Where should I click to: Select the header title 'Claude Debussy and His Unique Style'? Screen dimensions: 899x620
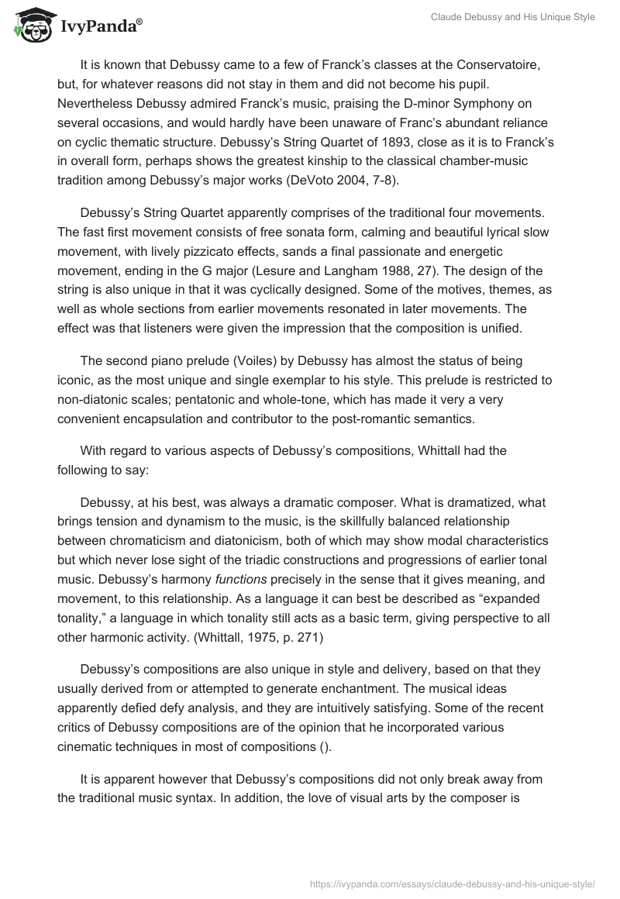point(513,17)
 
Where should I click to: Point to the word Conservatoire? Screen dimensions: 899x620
point(498,67)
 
